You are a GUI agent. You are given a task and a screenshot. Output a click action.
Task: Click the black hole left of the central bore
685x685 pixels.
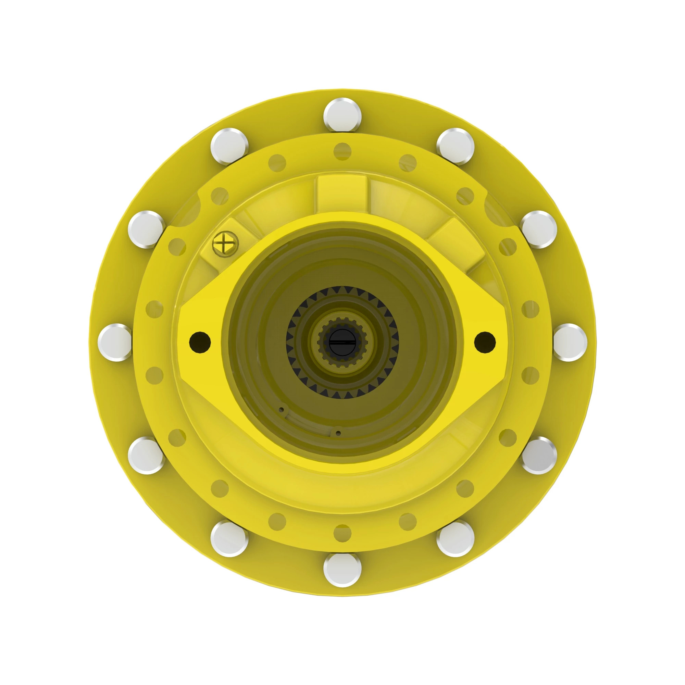200,342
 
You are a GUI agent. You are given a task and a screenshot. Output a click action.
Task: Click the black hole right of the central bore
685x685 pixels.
485,342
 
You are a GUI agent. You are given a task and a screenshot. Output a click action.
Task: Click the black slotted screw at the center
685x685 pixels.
342,342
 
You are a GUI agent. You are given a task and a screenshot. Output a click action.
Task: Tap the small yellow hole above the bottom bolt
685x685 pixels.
342,534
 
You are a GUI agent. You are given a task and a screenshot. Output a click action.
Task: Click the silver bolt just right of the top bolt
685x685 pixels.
455,147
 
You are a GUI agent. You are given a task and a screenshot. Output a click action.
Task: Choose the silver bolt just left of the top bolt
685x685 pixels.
229,147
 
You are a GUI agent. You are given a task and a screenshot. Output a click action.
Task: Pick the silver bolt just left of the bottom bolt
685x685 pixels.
229,539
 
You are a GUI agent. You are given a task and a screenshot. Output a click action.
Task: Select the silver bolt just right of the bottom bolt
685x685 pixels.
455,539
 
